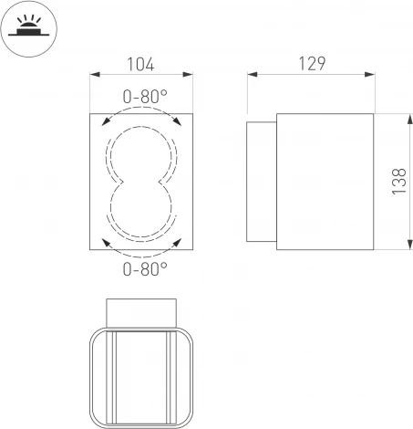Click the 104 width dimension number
[140, 64]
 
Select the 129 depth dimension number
[310, 64]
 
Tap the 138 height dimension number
[398, 182]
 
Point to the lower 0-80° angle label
[143, 268]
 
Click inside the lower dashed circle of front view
[141, 211]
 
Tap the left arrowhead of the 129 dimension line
[251, 78]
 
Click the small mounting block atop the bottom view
[140, 310]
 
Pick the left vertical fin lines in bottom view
[112, 374]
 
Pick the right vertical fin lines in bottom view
[170, 374]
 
